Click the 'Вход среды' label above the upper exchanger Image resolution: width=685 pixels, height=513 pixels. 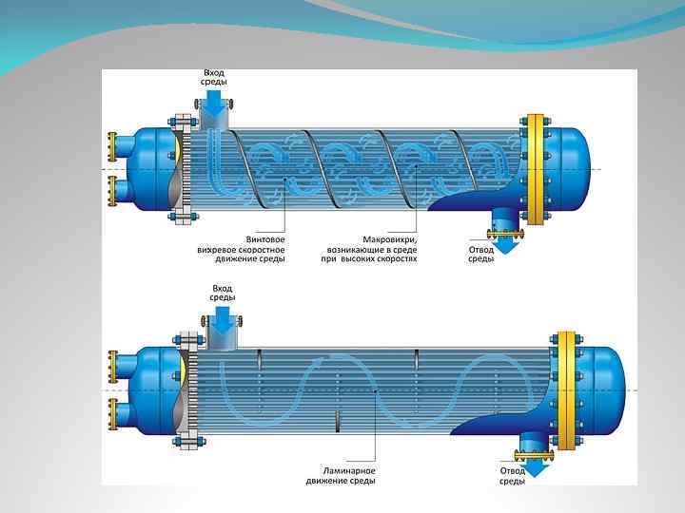coord(213,78)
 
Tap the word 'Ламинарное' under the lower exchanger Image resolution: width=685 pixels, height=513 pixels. coord(341,470)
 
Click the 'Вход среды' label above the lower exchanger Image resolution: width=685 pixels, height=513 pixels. coord(222,293)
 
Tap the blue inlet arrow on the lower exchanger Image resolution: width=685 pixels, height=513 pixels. coord(223,323)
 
